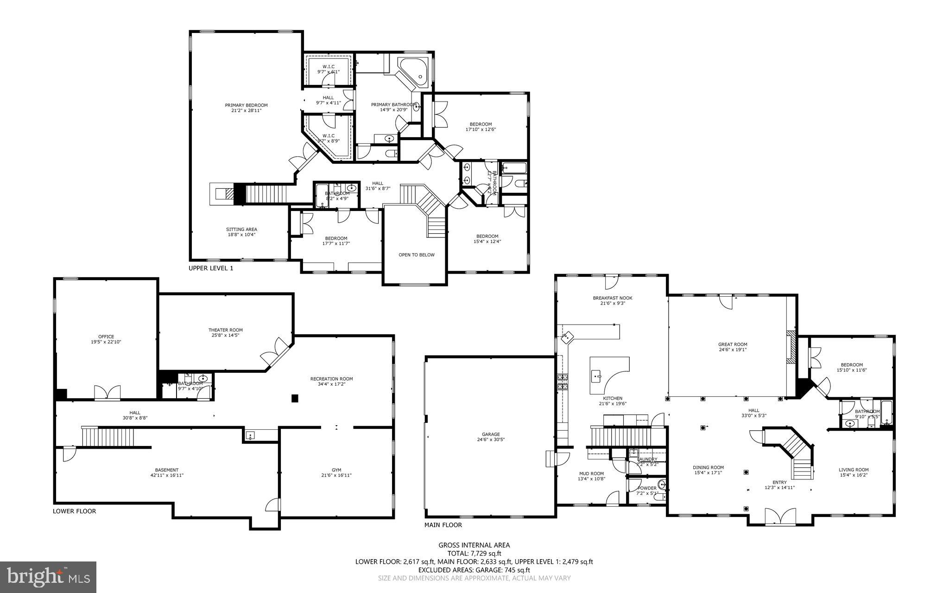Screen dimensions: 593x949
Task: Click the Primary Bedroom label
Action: pos(246,105)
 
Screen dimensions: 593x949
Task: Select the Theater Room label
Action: pos(225,330)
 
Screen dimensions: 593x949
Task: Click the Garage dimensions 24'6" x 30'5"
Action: pos(490,439)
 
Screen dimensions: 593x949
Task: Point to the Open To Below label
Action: pos(417,255)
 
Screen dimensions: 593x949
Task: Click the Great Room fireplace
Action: pos(791,348)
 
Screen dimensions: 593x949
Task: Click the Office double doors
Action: pos(108,392)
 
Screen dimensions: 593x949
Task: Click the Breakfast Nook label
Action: pos(612,298)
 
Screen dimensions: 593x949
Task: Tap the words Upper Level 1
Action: pos(210,268)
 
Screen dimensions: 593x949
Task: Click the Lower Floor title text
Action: pos(74,511)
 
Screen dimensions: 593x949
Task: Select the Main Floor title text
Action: pos(443,525)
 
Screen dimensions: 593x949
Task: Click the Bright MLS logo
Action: pos(48,577)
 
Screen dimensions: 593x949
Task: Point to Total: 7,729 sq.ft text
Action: pos(474,553)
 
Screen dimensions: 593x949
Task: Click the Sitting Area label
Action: pos(241,229)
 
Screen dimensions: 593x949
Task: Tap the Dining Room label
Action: pos(708,467)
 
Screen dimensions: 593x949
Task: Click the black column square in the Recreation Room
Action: pos(294,398)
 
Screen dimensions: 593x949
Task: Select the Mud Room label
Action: pos(591,473)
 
